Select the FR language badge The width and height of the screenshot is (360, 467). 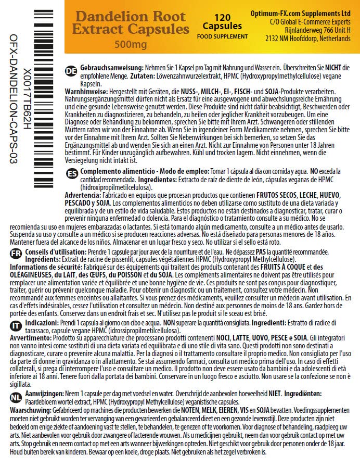click(16, 253)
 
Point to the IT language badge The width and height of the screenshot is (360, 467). click(16, 325)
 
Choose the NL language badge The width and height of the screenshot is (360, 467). click(16, 396)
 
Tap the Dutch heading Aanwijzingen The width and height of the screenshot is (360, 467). click(48, 394)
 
